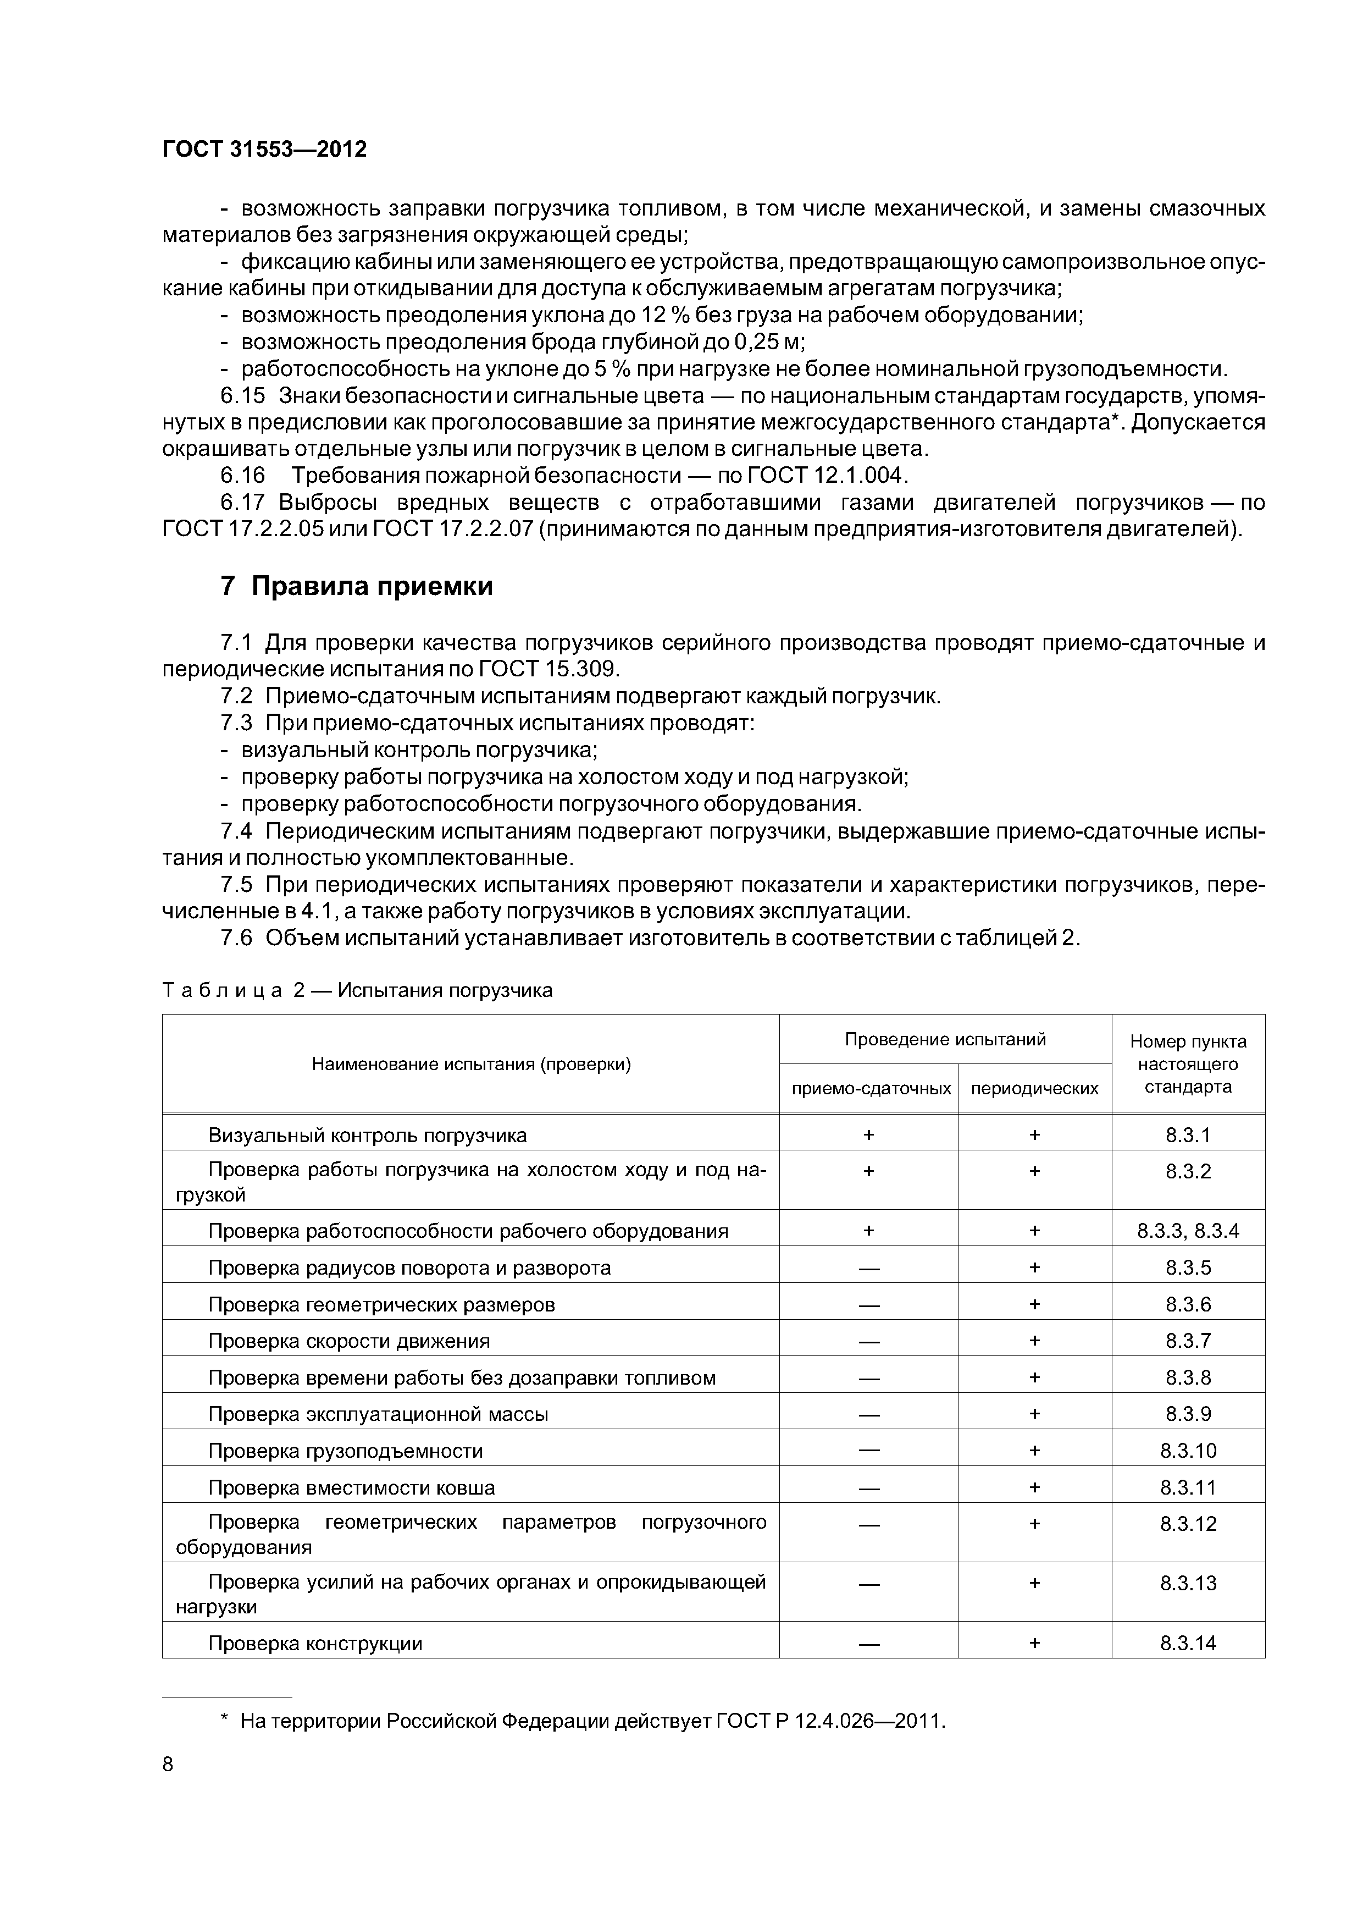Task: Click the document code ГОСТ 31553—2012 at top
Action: point(264,150)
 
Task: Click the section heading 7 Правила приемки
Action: point(356,586)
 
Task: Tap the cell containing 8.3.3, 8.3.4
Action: point(1188,1232)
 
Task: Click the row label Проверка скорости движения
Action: point(348,1342)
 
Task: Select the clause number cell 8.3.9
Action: point(1188,1415)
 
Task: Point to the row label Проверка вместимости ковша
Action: point(351,1488)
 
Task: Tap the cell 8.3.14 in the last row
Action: point(1188,1644)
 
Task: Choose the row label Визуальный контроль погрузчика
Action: point(367,1136)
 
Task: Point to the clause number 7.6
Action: point(236,939)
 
